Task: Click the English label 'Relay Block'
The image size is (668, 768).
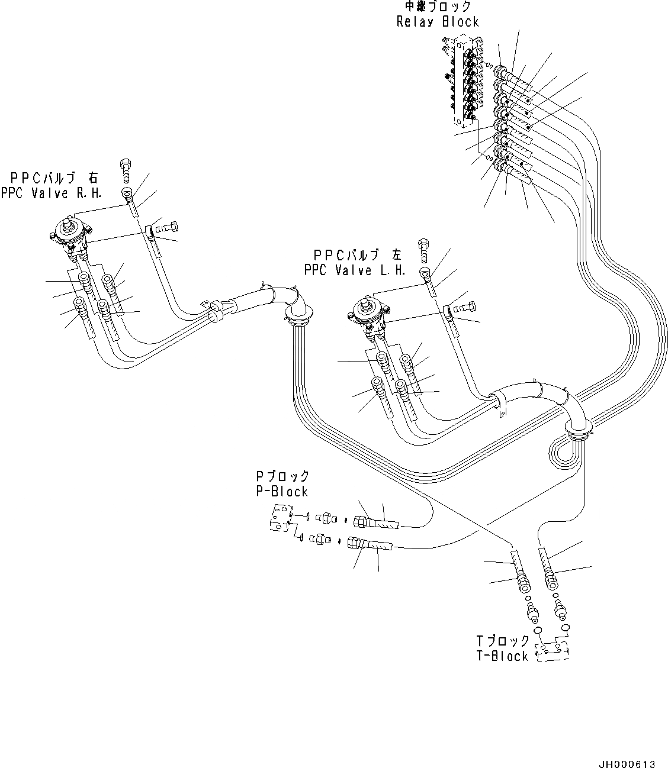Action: pyautogui.click(x=437, y=22)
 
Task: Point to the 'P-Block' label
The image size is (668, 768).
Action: pyautogui.click(x=282, y=491)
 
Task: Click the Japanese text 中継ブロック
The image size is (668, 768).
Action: pyautogui.click(x=438, y=7)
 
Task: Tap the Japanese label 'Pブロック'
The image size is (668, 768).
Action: pyautogui.click(x=282, y=476)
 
